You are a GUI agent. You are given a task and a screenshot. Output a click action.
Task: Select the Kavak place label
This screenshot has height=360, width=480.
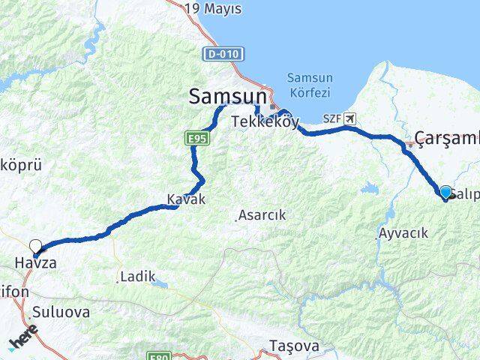[185, 200]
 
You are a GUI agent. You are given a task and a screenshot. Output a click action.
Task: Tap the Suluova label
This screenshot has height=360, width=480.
[61, 312]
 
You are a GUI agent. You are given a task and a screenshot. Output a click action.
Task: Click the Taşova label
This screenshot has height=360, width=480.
[294, 346]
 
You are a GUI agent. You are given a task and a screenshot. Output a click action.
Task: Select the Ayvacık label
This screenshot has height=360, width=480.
[403, 233]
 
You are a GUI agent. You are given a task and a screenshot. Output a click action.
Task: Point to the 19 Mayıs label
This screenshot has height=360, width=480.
[214, 9]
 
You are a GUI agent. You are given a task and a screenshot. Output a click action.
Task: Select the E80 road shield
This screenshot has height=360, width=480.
[158, 355]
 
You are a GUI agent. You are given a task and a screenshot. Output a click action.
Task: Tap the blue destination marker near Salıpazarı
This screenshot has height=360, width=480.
[445, 193]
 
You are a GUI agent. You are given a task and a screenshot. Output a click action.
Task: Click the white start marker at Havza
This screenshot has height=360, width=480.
[35, 245]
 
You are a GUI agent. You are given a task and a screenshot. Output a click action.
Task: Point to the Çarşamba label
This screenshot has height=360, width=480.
[448, 138]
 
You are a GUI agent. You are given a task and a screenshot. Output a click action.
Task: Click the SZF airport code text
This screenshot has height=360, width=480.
[332, 118]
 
